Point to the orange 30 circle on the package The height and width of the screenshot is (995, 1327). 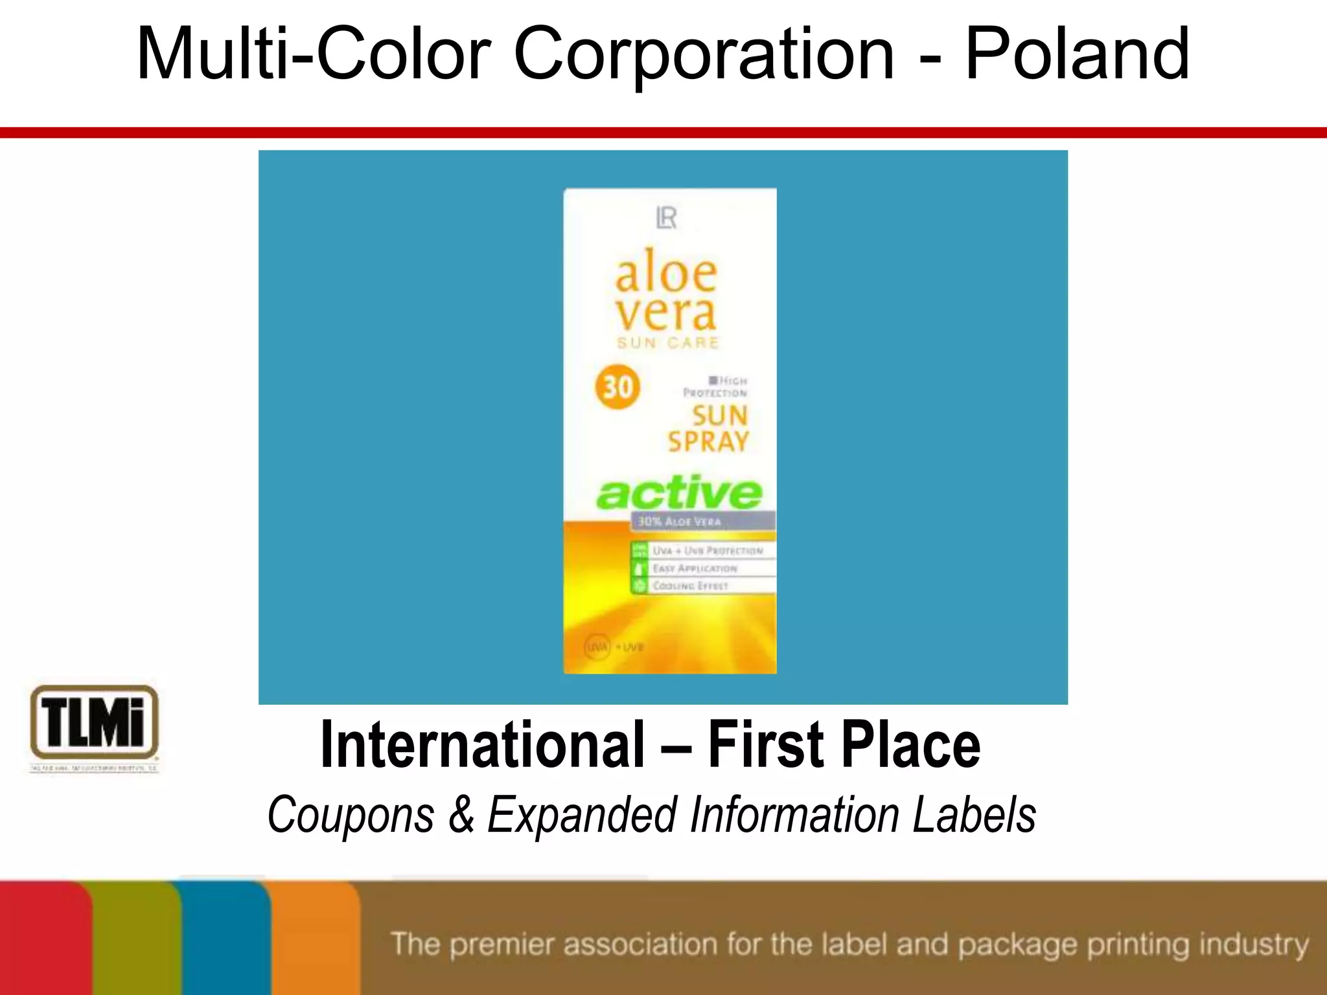coord(617,387)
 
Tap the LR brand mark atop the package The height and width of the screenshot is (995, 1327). coord(667,218)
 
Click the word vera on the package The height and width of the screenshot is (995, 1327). coord(666,314)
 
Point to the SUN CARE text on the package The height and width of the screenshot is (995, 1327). coord(668,343)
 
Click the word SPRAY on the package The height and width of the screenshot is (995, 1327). coord(708,442)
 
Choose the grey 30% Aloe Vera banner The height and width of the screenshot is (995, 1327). coord(702,521)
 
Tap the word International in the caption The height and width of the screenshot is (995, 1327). coord(483,746)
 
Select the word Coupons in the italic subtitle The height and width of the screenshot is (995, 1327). coord(351,814)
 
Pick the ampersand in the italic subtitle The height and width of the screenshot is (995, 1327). coord(461,814)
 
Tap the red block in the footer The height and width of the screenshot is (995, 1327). coord(45,939)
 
